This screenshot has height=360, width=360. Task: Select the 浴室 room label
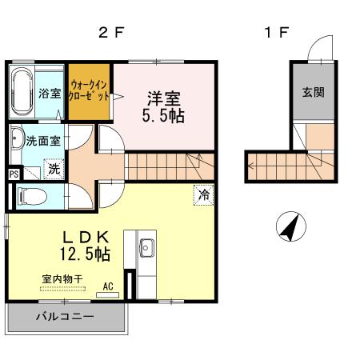50,94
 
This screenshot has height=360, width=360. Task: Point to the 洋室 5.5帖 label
165,106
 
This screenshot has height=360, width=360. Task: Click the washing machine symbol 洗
54,169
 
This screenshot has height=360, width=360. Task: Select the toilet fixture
32,195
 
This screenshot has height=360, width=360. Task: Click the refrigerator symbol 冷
204,194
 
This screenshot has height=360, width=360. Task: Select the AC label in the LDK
107,286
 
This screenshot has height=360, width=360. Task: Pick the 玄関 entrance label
313,91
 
